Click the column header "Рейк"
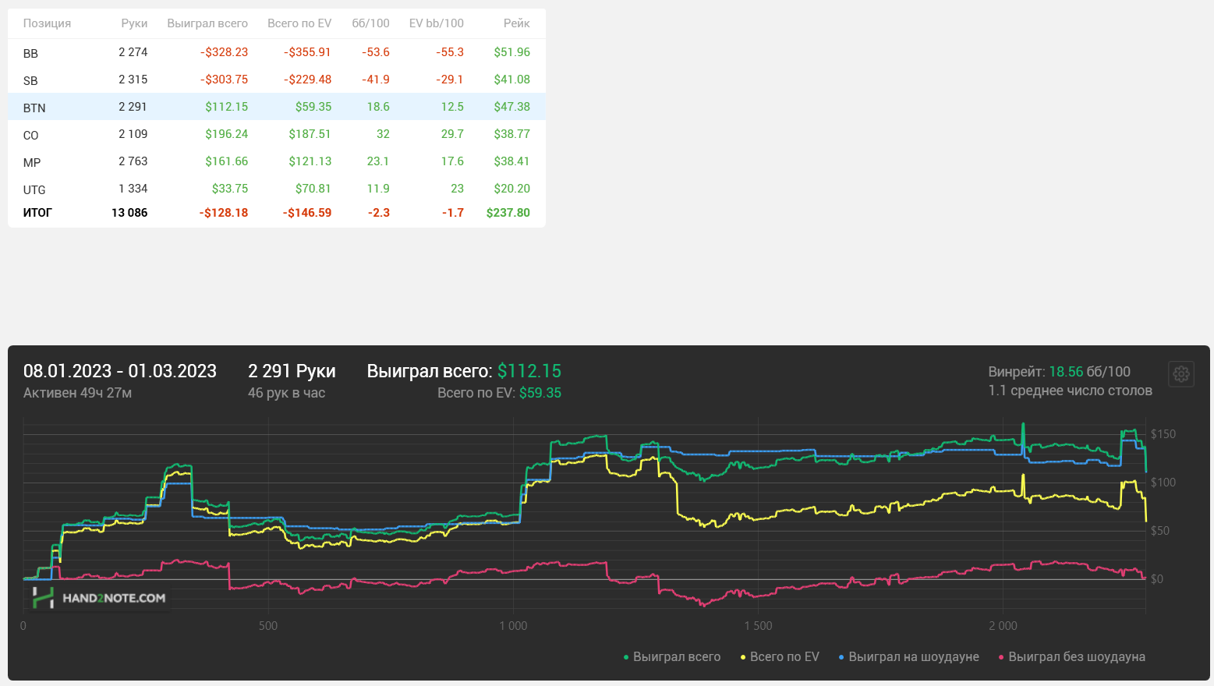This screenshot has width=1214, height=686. [516, 23]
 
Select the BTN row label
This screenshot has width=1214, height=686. [34, 108]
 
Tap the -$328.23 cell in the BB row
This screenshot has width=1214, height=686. [224, 52]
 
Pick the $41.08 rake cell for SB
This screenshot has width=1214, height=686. [511, 80]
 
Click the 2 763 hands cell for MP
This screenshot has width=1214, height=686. [133, 161]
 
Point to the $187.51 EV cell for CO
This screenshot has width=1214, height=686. [310, 134]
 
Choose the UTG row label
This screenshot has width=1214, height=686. [34, 189]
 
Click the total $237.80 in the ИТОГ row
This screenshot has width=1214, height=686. [508, 213]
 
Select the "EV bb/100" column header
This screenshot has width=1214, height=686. [436, 23]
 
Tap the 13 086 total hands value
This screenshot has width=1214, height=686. [129, 213]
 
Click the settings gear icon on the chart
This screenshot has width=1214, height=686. [1181, 374]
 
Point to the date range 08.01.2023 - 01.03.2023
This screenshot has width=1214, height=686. [120, 371]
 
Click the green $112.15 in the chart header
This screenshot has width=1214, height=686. [529, 371]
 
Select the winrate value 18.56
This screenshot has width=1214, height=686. [1066, 372]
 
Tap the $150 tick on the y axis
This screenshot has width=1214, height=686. [1163, 434]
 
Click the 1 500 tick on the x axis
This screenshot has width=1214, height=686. [758, 626]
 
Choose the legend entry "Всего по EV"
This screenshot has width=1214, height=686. [784, 657]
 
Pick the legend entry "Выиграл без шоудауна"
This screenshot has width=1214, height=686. [1076, 657]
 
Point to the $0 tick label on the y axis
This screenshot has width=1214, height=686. [1157, 579]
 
